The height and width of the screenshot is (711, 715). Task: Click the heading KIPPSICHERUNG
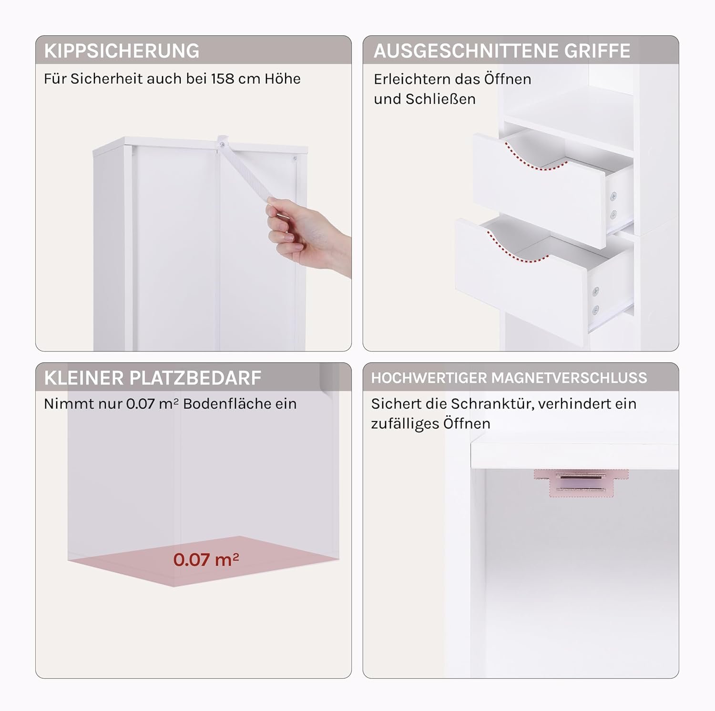pos(122,51)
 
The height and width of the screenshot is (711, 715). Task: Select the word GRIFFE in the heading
pos(598,51)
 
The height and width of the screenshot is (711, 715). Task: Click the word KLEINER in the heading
pos(84,378)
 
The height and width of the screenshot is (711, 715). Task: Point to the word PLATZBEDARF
pos(195,378)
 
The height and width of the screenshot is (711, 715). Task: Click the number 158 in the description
pos(223,79)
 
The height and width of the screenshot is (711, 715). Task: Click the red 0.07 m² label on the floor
pos(206,560)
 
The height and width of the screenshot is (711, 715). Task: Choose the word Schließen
pos(440,99)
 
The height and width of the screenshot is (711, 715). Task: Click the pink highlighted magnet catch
pos(581,483)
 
